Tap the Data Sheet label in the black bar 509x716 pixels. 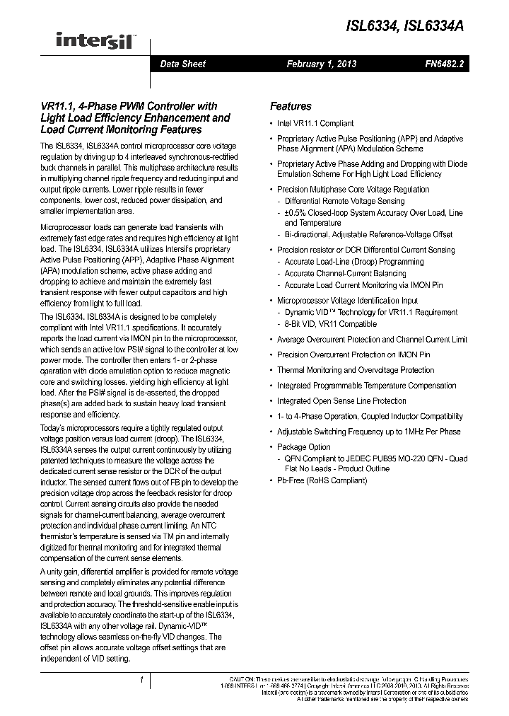(182, 64)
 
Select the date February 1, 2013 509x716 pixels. (321, 64)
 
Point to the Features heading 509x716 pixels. (291, 106)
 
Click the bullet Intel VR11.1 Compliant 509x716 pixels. (315, 123)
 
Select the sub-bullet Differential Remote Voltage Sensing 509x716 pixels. (344, 201)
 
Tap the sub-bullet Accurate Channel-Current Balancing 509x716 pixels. (345, 273)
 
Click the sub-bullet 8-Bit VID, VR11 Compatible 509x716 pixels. (331, 324)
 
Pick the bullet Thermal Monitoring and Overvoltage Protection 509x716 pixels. (356, 370)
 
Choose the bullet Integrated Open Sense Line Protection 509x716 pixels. (341, 400)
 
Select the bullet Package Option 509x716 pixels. (303, 447)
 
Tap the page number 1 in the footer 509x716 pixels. (142, 680)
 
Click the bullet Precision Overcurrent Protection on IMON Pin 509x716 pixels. (353, 354)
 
